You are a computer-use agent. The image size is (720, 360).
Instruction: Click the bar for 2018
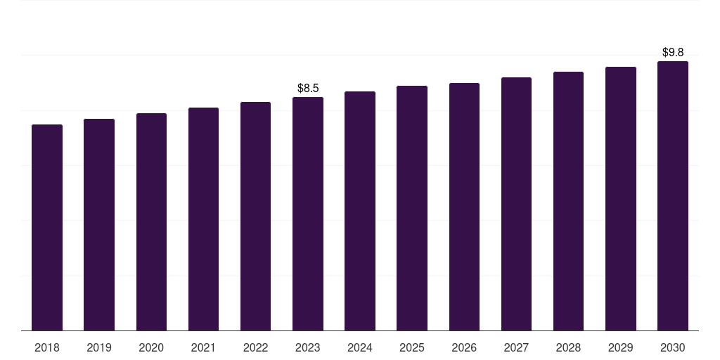[x=47, y=227]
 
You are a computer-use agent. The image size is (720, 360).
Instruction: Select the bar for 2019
[x=99, y=224]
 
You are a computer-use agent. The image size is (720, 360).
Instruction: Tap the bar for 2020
[x=151, y=221]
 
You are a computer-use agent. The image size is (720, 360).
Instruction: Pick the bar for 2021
[x=203, y=219]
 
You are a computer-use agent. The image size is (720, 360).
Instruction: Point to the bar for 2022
[x=255, y=216]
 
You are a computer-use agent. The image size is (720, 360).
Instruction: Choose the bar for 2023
[x=308, y=214]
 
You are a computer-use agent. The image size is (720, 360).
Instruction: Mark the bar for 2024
[x=360, y=211]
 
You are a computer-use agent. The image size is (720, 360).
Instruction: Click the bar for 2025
[x=412, y=208]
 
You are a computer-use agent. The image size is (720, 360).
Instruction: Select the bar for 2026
[x=464, y=207]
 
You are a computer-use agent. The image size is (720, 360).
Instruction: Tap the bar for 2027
[x=516, y=204]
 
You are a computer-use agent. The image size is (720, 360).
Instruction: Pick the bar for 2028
[x=568, y=201]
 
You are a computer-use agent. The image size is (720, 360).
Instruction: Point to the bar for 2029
[x=620, y=198]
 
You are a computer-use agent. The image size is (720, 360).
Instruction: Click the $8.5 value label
[x=308, y=89]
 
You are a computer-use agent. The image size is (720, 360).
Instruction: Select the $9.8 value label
[x=673, y=53]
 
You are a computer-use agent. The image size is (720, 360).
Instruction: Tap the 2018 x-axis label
[x=47, y=347]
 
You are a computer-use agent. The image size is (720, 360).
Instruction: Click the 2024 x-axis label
[x=360, y=347]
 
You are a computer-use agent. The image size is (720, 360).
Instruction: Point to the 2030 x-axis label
[x=673, y=347]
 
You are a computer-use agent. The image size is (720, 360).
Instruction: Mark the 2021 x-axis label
[x=203, y=347]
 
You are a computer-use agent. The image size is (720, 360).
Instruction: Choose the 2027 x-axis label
[x=516, y=347]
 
